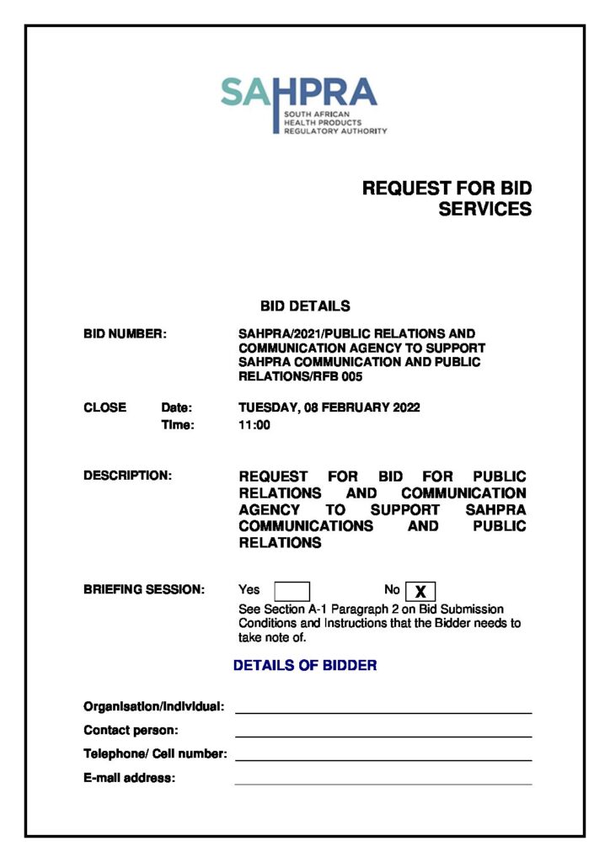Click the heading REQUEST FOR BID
(x=447, y=188)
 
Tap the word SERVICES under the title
(x=484, y=209)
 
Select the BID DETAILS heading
(x=305, y=306)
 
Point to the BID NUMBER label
(x=125, y=334)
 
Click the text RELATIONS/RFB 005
(x=300, y=376)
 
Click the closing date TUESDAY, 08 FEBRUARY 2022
(x=329, y=407)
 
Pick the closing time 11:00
(x=254, y=425)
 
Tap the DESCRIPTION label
(x=127, y=476)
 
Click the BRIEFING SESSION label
(x=144, y=590)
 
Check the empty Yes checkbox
(x=292, y=591)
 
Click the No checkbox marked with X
(x=420, y=591)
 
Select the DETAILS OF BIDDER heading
(x=305, y=665)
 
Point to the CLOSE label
(x=104, y=407)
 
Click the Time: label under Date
(x=177, y=425)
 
